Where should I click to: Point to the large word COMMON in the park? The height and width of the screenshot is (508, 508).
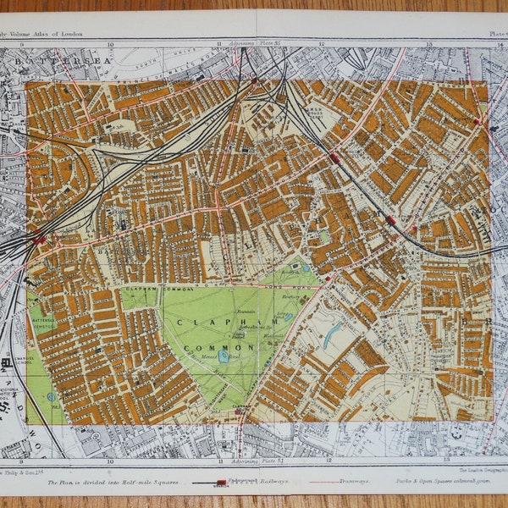[x=226, y=347]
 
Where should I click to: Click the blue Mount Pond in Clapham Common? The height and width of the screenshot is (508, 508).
[x=224, y=357]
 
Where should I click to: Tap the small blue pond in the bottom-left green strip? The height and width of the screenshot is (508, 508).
[x=51, y=396]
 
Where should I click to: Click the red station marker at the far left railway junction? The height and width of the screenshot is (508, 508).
[x=38, y=240]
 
